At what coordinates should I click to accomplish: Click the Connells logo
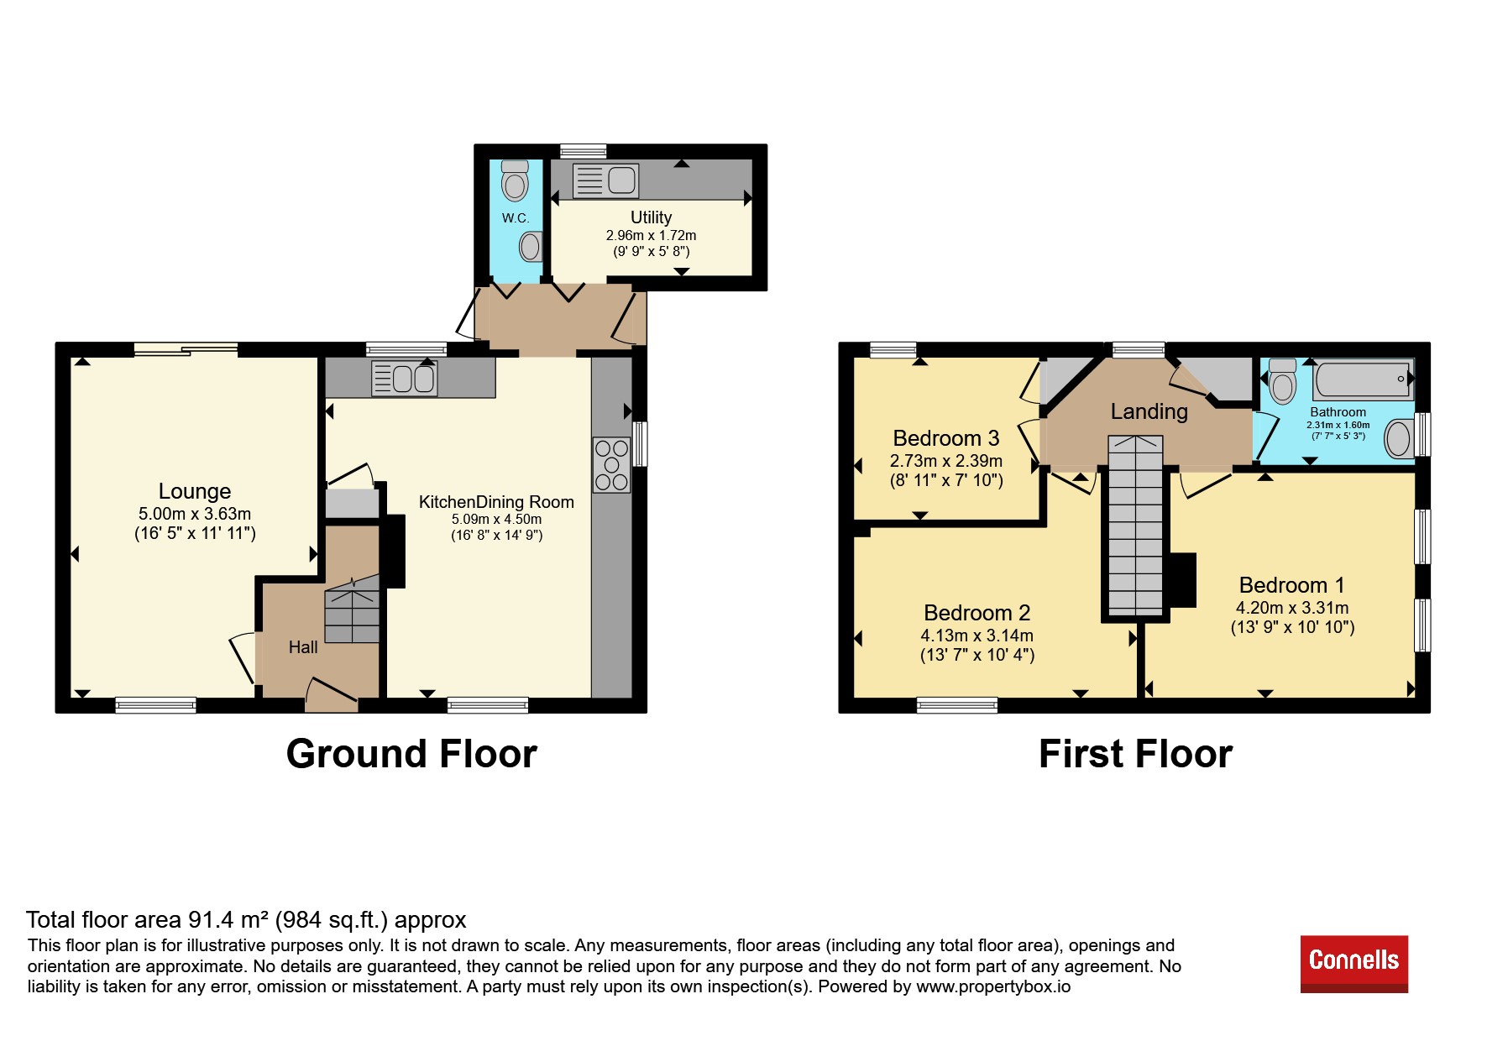1353,964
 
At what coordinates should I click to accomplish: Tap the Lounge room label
195,491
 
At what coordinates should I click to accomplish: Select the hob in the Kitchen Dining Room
611,465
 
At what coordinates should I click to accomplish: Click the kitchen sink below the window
404,379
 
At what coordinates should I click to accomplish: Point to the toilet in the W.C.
515,180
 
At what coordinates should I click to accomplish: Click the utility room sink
605,180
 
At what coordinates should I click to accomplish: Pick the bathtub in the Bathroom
1363,379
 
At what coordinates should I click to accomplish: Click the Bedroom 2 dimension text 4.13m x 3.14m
976,636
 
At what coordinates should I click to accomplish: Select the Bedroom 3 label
946,438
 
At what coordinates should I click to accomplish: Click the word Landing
1149,411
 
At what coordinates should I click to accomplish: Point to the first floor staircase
1135,526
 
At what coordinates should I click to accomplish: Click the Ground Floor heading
411,754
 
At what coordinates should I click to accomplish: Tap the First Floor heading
1135,754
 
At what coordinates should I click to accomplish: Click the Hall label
303,647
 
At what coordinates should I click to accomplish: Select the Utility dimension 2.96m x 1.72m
651,236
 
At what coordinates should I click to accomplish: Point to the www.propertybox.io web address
993,986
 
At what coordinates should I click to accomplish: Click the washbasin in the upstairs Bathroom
1399,438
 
